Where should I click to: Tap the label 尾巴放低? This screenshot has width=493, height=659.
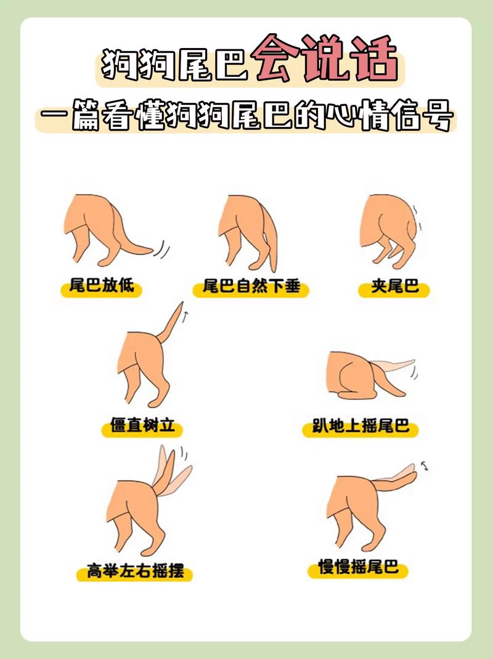click(101, 288)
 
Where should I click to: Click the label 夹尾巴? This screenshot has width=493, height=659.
click(394, 288)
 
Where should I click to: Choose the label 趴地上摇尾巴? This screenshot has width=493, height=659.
click(361, 427)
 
